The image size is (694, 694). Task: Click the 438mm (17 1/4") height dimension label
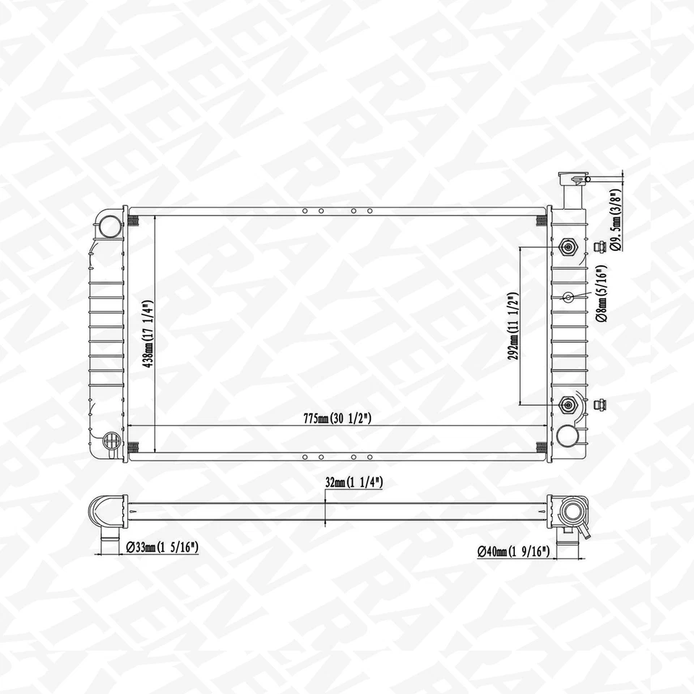click(148, 333)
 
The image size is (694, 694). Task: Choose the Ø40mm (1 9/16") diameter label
click(514, 552)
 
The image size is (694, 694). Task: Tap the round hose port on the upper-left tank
click(111, 226)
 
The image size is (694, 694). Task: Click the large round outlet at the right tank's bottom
click(568, 435)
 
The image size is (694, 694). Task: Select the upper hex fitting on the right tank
click(568, 247)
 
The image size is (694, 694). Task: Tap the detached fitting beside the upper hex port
click(599, 247)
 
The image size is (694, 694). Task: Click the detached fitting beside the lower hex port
click(599, 404)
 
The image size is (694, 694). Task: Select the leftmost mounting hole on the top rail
click(305, 211)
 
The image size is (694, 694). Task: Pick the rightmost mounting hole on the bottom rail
click(370, 457)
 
